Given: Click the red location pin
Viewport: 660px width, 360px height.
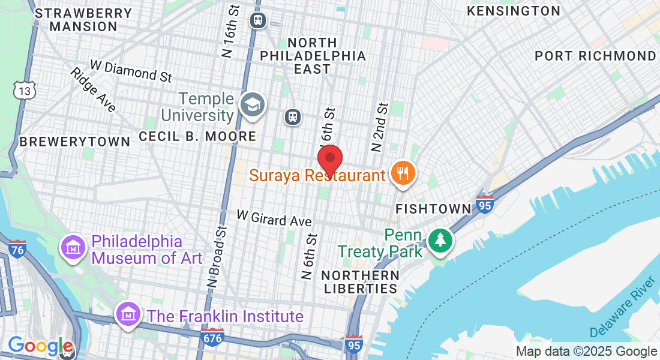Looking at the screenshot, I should pos(329,160).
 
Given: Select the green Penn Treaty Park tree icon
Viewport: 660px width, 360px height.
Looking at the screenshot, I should pos(441,240).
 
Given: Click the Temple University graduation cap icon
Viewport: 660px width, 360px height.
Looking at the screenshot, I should pos(252,106).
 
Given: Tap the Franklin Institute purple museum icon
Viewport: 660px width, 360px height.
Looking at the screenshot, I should pos(128,313).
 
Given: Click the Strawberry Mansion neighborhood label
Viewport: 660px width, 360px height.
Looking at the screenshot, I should pos(76,20).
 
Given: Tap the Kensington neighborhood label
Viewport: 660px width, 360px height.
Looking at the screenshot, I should pos(514,11).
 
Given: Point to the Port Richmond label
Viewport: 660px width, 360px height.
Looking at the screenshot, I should pos(595,56).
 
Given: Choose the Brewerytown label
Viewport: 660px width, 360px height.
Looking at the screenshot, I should pos(74,142).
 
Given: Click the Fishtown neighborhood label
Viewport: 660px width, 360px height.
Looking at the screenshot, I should pos(434,209).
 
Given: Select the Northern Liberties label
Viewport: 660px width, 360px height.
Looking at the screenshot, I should pos(360,281).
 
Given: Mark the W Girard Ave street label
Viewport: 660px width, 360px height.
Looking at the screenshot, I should pos(274,218).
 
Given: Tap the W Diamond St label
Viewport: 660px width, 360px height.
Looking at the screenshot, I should pos(131,71).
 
